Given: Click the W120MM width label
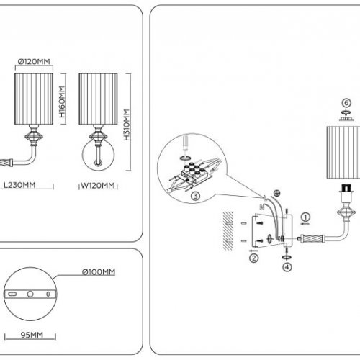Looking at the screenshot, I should tap(97, 184).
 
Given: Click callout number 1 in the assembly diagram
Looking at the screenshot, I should tap(305, 216).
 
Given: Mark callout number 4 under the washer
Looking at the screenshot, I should tap(287, 267).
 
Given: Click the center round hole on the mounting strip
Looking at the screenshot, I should tap(30, 294).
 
